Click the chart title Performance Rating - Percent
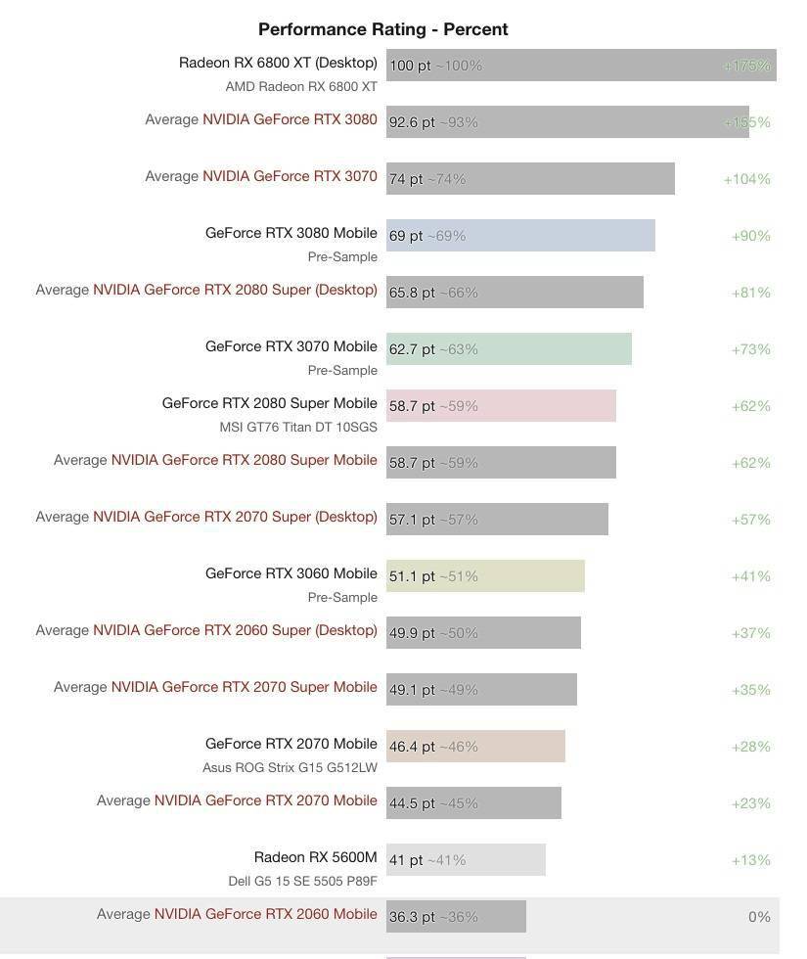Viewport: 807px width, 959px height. (x=382, y=29)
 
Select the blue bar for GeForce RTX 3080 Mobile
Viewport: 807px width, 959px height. (x=520, y=236)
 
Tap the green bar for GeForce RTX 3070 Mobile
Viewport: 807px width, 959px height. (x=509, y=349)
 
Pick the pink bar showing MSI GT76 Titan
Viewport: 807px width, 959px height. (x=501, y=405)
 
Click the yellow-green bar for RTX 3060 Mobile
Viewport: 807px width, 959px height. (x=485, y=576)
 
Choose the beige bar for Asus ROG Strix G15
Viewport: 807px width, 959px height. (x=475, y=746)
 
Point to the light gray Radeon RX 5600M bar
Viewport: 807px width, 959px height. (x=466, y=860)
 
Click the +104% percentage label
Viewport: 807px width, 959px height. (x=746, y=179)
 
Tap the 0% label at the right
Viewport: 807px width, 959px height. (x=759, y=917)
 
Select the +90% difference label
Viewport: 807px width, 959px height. (x=751, y=236)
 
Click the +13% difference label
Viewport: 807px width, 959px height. (x=751, y=860)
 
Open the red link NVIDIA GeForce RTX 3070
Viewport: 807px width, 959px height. (x=290, y=176)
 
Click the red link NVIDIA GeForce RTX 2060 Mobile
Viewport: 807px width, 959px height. (x=265, y=914)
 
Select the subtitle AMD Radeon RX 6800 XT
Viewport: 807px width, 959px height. (x=301, y=87)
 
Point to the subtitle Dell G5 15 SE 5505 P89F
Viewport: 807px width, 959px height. (x=302, y=881)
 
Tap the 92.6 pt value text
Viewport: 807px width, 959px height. (x=412, y=122)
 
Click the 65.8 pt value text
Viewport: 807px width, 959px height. (x=412, y=293)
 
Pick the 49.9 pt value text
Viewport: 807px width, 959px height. (x=412, y=633)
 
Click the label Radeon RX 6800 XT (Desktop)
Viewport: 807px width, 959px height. (x=278, y=63)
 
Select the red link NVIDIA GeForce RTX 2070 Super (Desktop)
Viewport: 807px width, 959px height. (x=235, y=517)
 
